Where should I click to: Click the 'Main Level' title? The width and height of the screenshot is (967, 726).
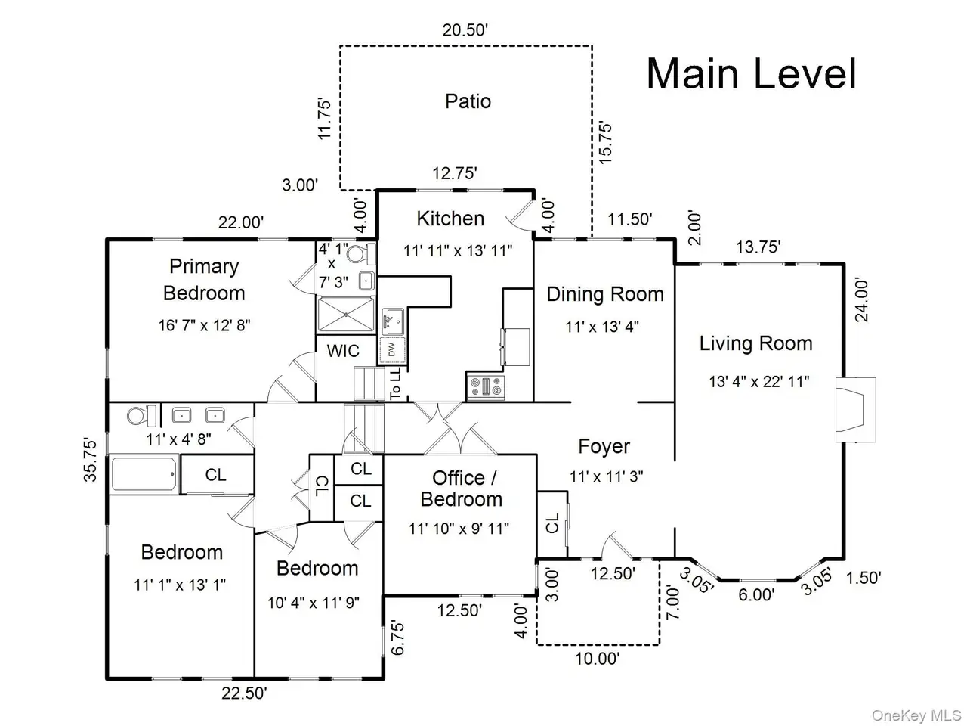click(751, 74)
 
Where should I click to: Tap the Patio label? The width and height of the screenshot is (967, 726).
click(468, 101)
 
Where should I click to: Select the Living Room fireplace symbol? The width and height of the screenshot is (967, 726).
click(855, 409)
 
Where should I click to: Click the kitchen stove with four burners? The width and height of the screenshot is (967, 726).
click(485, 386)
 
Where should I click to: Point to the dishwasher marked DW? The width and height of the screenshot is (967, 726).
click(392, 350)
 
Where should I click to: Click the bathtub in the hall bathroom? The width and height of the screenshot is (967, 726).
click(144, 474)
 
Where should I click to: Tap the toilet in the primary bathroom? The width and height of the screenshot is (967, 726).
click(361, 254)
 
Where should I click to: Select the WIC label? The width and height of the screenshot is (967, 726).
click(343, 352)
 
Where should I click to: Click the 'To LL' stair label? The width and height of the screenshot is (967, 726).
click(396, 383)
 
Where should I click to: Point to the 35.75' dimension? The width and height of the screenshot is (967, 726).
click(90, 460)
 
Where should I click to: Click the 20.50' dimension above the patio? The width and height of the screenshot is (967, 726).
click(465, 30)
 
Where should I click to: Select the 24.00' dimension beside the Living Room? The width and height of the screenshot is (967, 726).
click(861, 299)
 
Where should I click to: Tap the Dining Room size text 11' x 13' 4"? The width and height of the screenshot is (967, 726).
click(602, 327)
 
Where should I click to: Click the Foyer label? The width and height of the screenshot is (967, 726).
click(604, 446)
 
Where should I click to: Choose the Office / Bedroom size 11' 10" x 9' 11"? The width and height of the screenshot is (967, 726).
click(459, 528)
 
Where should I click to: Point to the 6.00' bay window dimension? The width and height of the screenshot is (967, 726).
click(756, 594)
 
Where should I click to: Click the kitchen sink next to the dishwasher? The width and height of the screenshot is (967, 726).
click(392, 322)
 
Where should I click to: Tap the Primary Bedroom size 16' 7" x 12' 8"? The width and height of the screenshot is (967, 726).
click(205, 325)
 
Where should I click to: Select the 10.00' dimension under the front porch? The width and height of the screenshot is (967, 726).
click(598, 659)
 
